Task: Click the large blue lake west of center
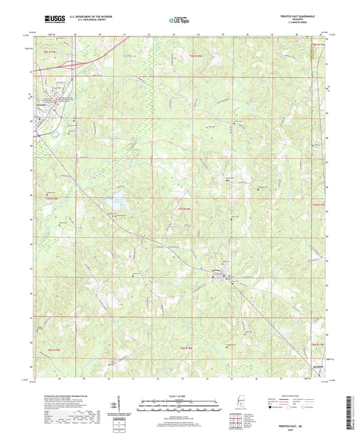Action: point(115,203)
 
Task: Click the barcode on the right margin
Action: point(353,405)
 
